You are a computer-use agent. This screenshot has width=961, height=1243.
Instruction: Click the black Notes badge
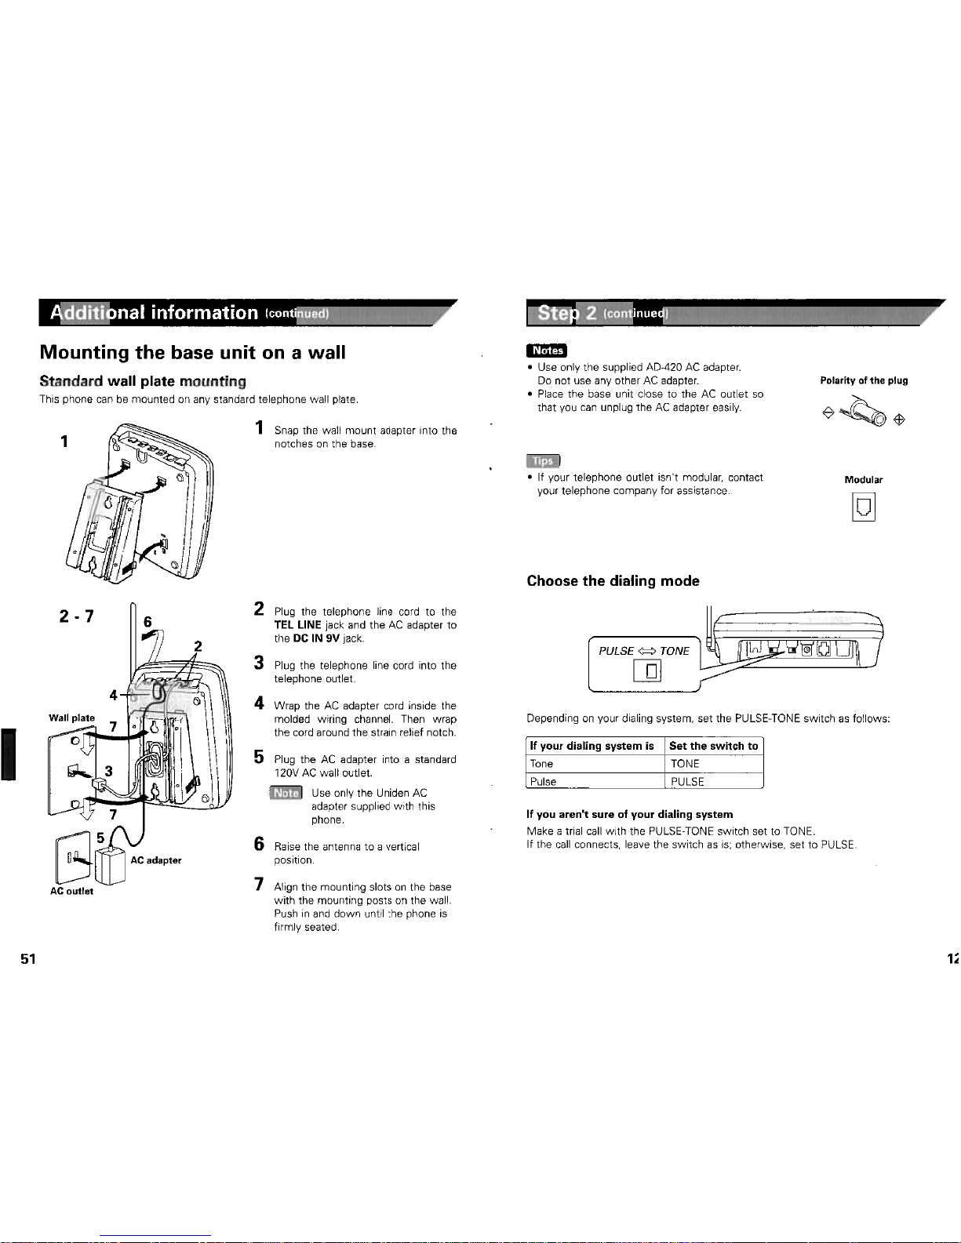click(x=546, y=350)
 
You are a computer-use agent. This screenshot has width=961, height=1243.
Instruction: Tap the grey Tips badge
click(x=543, y=460)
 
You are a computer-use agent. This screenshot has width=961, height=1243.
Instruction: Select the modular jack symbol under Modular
click(x=863, y=507)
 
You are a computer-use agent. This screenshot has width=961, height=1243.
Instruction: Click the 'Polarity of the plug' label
click(x=864, y=380)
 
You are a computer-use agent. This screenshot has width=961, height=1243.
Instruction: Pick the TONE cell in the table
click(x=685, y=764)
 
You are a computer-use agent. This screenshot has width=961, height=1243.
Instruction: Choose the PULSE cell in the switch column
click(x=687, y=781)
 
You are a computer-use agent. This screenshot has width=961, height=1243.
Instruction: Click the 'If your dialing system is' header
click(x=592, y=746)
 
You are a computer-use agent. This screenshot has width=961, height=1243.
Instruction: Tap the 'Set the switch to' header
click(x=713, y=746)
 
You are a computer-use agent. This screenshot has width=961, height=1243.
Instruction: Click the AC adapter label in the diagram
click(x=155, y=860)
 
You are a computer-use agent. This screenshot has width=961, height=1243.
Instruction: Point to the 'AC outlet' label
click(x=71, y=891)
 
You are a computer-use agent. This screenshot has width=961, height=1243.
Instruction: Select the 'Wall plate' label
click(x=71, y=718)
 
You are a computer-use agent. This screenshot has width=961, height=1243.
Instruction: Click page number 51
click(x=28, y=959)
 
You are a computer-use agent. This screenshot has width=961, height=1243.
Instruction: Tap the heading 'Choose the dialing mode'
click(x=613, y=581)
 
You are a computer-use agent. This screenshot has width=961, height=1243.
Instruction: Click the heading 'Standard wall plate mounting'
click(x=143, y=381)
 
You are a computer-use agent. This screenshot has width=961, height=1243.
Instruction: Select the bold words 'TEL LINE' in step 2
click(x=297, y=625)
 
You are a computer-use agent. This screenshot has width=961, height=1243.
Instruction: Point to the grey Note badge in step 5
click(x=286, y=793)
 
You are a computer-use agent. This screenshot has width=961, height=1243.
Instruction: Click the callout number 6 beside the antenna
click(x=147, y=622)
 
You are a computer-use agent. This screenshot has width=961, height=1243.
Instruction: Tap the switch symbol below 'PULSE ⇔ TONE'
click(x=647, y=671)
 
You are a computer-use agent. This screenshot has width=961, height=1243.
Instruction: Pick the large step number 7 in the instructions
click(x=259, y=885)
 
